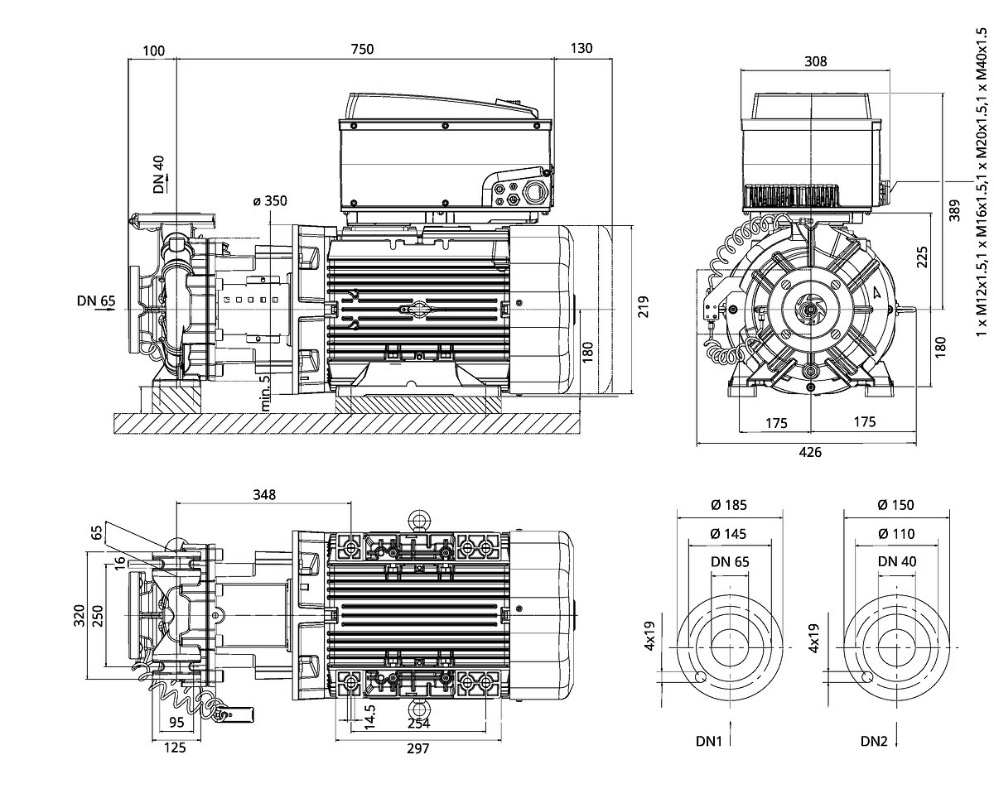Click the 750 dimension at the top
coord(362,49)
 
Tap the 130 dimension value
coord(581,49)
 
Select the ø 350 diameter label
coord(269,201)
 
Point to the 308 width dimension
coord(815,61)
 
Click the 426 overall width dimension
coord(810,452)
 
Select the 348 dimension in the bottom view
coord(264,494)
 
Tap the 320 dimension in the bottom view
coord(80,615)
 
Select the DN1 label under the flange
coord(710,741)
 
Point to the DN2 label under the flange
coord(874,741)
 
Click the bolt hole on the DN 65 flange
coord(700,676)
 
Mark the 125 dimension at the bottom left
coord(175,748)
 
